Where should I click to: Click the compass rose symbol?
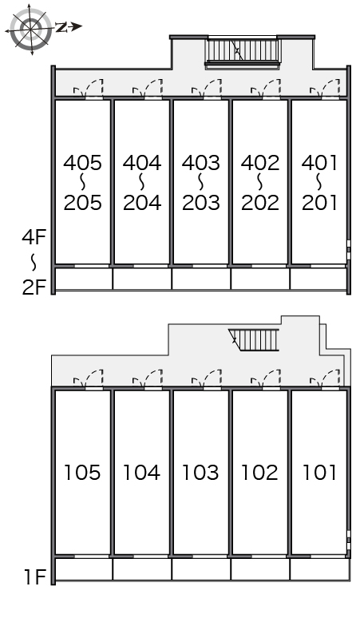click(30, 29)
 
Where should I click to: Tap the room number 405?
click(82, 163)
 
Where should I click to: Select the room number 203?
click(201, 202)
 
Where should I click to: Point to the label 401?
click(319, 163)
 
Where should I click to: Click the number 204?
click(142, 202)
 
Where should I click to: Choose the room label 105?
click(82, 472)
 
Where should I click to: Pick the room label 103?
click(200, 472)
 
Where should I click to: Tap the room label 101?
click(319, 472)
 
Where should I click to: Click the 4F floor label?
click(34, 237)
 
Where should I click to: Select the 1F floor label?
click(35, 577)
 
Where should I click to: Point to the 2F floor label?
click(34, 287)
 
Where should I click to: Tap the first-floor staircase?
click(254, 340)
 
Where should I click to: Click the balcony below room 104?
click(142, 569)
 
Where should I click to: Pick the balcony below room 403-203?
click(201, 279)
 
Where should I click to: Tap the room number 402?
click(260, 163)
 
